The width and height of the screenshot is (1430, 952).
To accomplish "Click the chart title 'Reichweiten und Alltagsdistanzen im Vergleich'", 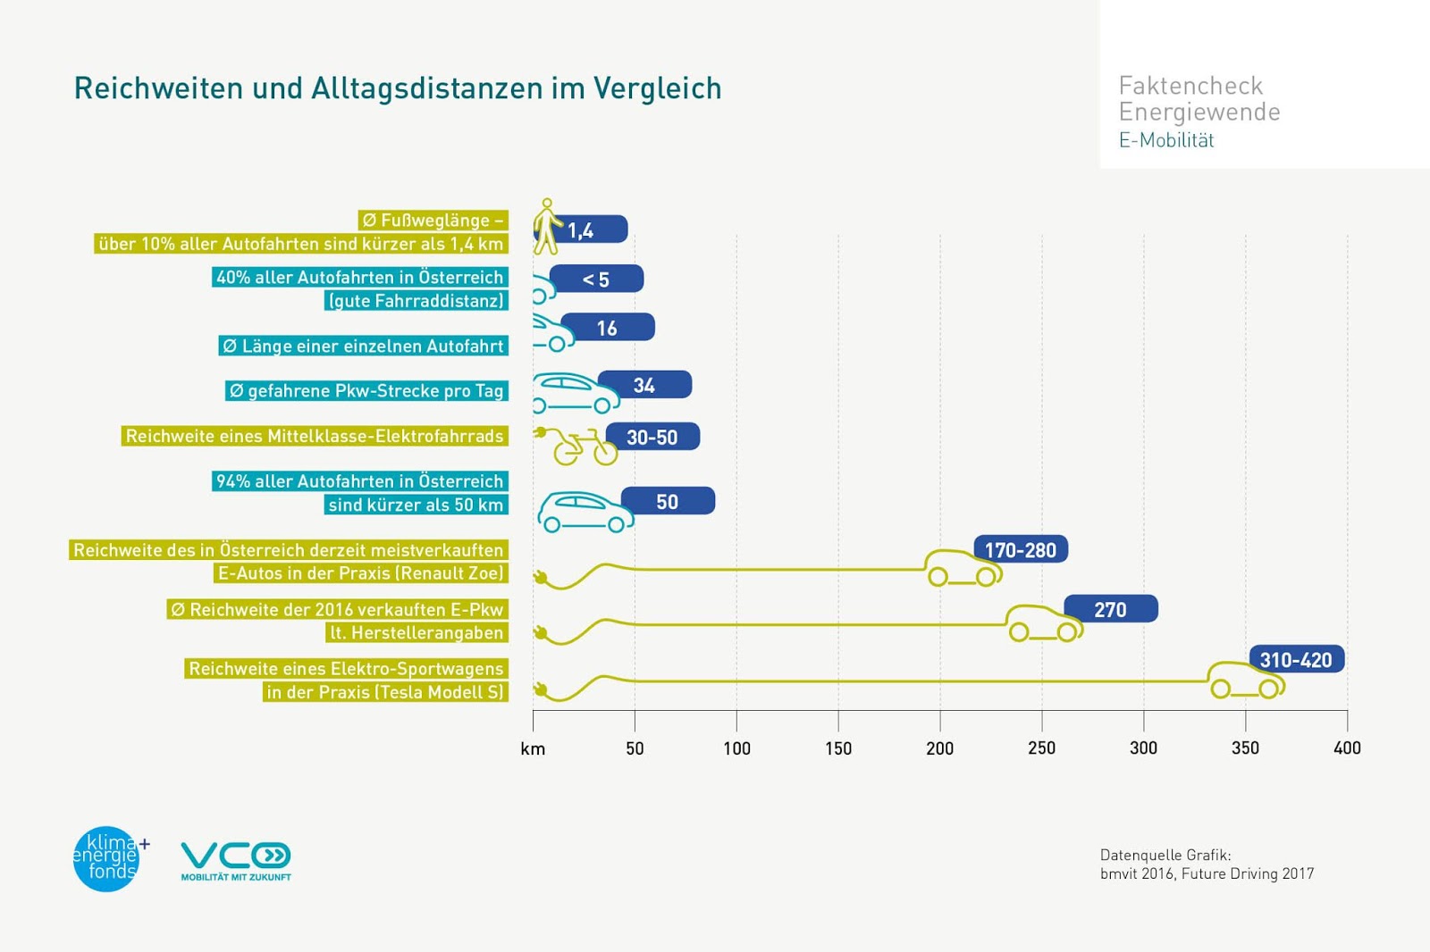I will click(397, 88).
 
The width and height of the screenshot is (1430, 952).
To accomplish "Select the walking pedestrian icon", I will click(546, 226).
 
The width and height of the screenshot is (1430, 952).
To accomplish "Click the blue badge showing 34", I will click(644, 385).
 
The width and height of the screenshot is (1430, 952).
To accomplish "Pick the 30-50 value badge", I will click(652, 438).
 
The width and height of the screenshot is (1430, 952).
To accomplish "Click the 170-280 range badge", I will click(1021, 550).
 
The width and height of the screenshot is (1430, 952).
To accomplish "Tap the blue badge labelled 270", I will click(1111, 609).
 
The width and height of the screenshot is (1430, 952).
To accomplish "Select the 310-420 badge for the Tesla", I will click(1296, 659).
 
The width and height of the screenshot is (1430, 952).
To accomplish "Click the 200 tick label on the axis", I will click(939, 748).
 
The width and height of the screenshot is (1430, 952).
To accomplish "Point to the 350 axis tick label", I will click(1245, 748).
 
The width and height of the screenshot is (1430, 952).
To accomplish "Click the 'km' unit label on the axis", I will click(533, 749).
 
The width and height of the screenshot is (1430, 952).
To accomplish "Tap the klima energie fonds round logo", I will click(107, 858).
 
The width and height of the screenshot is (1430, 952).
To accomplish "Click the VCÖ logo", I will click(236, 860).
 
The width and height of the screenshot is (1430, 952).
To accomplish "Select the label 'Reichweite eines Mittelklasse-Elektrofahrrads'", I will click(315, 436).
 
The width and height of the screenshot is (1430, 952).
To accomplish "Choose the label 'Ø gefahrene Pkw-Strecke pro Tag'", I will click(366, 390).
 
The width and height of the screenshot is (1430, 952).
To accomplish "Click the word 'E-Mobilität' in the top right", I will click(1166, 140).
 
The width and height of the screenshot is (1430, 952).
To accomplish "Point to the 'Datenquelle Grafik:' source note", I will click(1165, 855).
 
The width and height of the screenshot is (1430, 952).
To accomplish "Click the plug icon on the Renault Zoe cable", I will click(540, 578).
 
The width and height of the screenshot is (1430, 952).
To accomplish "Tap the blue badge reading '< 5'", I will click(596, 280).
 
